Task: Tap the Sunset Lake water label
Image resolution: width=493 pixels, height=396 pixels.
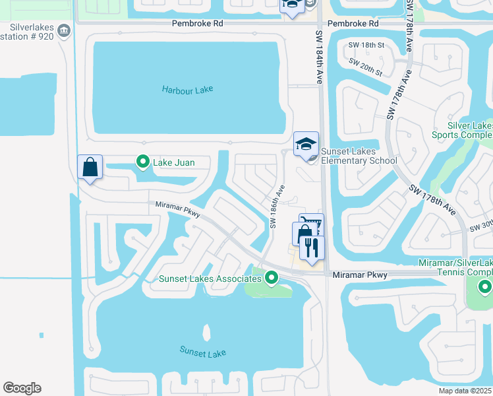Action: [x=203, y=353]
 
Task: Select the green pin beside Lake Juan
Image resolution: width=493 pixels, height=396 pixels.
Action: [x=142, y=161]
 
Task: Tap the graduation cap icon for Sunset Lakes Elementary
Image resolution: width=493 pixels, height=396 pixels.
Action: [x=306, y=145]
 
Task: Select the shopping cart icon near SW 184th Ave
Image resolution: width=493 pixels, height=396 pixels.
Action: [x=312, y=224]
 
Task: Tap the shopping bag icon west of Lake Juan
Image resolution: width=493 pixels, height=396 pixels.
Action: [x=90, y=167]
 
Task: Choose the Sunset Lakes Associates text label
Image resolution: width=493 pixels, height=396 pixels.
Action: [x=210, y=279]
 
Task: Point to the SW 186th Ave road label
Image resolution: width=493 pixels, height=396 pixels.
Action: [x=277, y=207]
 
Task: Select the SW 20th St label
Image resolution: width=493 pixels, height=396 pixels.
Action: [x=366, y=68]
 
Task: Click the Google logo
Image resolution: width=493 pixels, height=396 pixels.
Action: [x=22, y=388]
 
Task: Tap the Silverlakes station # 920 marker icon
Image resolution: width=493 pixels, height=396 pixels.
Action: [x=64, y=30]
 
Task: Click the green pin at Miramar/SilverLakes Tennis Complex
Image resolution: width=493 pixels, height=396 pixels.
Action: [x=485, y=286]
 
